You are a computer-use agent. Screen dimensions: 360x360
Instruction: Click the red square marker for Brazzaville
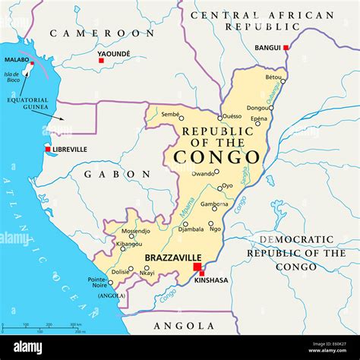click(197, 267)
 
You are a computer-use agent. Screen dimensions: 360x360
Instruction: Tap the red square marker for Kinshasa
click(202, 274)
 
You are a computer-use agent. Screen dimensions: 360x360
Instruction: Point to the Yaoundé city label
click(114, 53)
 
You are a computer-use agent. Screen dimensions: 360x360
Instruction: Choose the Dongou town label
click(257, 108)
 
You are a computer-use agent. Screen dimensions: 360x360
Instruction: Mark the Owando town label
click(203, 173)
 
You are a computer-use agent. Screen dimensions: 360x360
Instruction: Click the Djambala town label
click(191, 228)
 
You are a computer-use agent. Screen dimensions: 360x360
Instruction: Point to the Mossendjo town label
click(136, 230)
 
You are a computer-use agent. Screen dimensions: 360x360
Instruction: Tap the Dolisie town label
click(120, 271)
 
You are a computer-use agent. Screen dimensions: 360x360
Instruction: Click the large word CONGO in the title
click(216, 157)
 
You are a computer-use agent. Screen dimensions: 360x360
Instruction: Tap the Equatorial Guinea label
click(28, 103)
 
